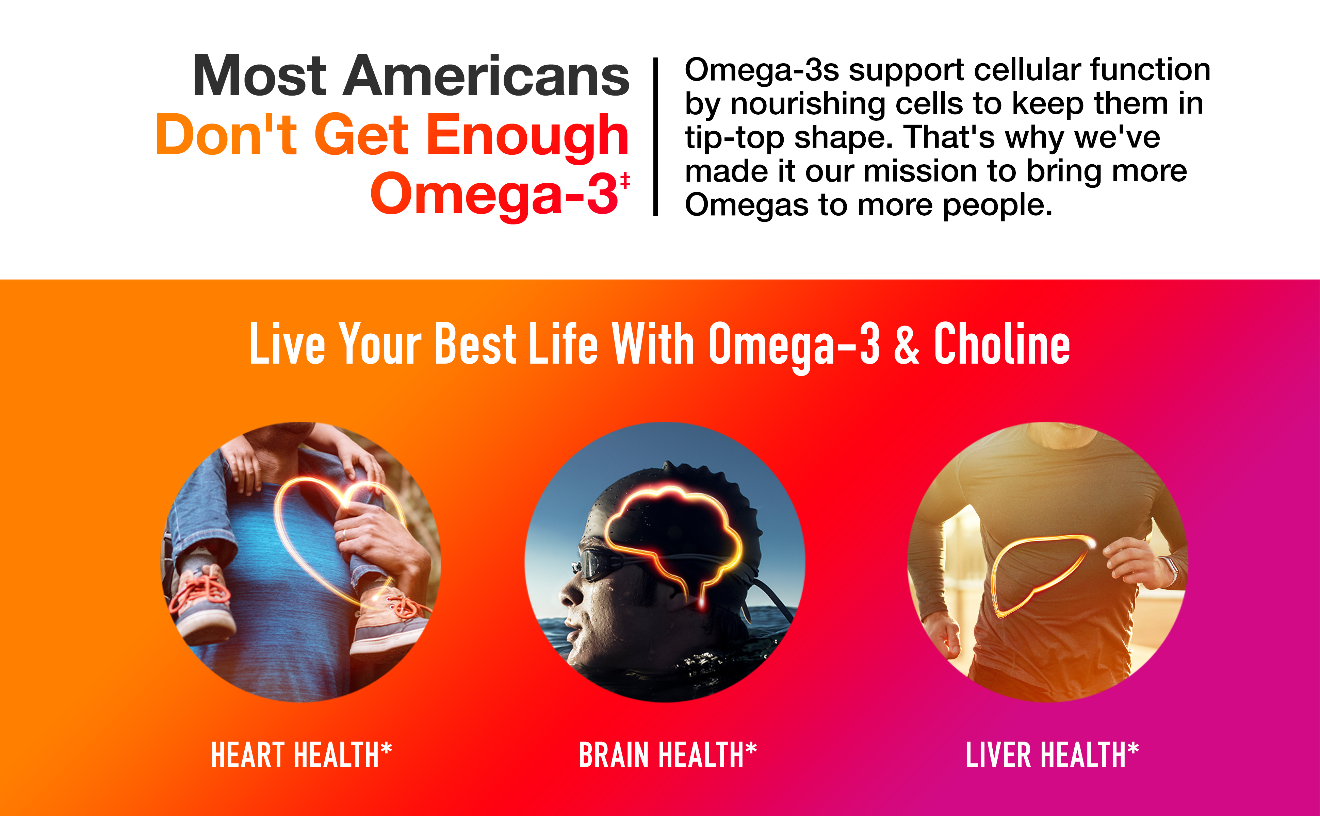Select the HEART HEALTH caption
[301, 754]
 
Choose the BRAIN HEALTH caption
[668, 754]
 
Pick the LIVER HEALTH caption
[1052, 754]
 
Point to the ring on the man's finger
[344, 535]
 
